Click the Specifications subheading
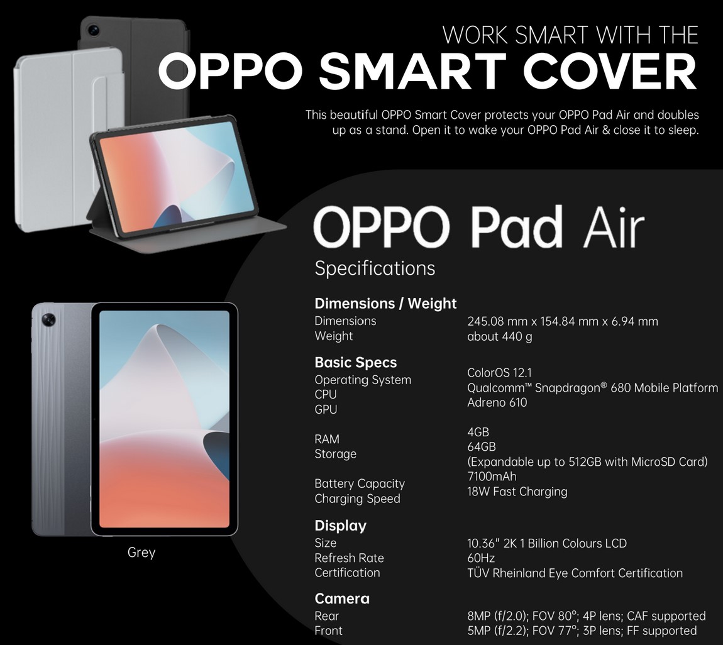click(375, 268)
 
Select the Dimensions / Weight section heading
click(385, 304)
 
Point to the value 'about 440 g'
click(499, 336)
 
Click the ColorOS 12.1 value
click(499, 373)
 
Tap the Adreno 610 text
click(497, 402)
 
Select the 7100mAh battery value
click(492, 477)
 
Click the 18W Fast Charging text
click(517, 492)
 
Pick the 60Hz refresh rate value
click(481, 558)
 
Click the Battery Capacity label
click(359, 483)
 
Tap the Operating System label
click(363, 380)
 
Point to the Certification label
click(347, 573)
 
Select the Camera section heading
click(342, 598)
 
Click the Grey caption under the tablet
click(141, 553)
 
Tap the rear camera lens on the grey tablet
click(48, 320)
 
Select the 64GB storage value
click(481, 447)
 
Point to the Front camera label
click(328, 631)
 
